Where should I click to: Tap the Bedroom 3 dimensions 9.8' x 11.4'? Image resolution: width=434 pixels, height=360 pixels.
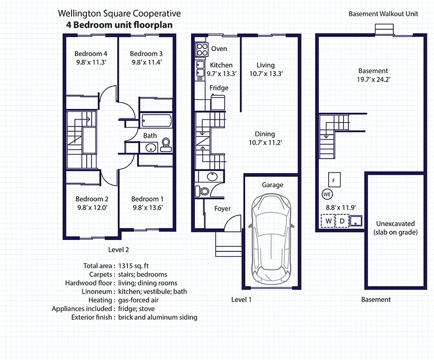pos(147,62)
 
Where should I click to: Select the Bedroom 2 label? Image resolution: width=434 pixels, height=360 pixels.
pos(92,199)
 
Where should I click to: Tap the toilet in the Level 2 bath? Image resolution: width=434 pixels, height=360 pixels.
pos(166,144)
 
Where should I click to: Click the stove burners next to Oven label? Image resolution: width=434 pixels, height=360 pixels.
pos(201,49)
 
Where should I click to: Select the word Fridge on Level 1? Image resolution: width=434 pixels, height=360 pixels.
pos(219,88)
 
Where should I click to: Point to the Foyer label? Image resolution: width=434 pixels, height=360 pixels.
pos(222,209)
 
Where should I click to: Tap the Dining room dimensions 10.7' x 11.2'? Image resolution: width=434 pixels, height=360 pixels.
pos(266,143)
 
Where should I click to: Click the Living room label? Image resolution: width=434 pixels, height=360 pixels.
pos(266,65)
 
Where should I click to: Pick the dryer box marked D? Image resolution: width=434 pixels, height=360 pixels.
pos(342,221)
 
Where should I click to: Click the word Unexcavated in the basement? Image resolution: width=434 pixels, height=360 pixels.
pos(395,224)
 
